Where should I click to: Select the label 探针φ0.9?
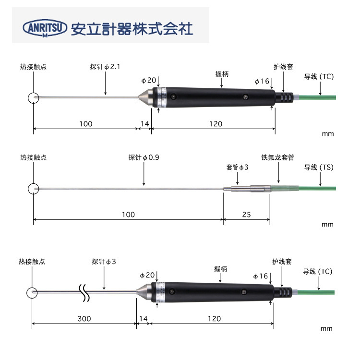pyautogui.click(x=144, y=157)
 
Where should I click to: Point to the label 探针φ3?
pyautogui.click(x=104, y=262)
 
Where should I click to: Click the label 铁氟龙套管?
pyautogui.click(x=277, y=157)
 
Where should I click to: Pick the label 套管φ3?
pyautogui.click(x=237, y=168)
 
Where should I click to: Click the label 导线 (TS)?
pyautogui.click(x=318, y=168)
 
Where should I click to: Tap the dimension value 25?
pyautogui.click(x=246, y=215)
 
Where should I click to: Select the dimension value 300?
pyautogui.click(x=84, y=319)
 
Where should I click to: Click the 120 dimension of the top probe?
pyautogui.click(x=216, y=124)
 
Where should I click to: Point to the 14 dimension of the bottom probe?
pyautogui.click(x=143, y=319)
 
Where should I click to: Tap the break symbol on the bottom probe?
pyautogui.click(x=85, y=293)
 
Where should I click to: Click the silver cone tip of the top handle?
pyautogui.click(x=145, y=98)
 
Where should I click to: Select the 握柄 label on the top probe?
pyautogui.click(x=222, y=74)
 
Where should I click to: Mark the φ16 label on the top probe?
pyautogui.click(x=262, y=81)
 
